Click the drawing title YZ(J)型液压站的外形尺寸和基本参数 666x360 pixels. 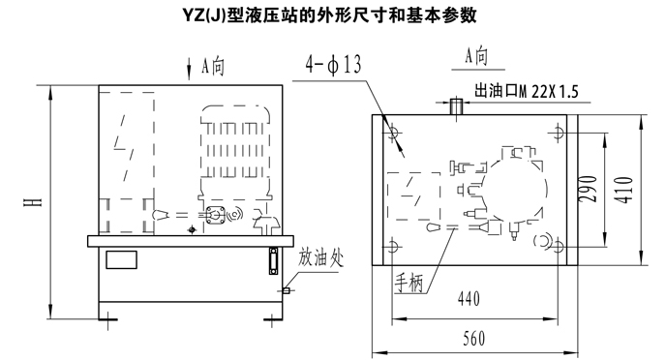(x=330, y=15)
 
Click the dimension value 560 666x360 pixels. (x=473, y=339)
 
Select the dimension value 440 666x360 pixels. (x=469, y=299)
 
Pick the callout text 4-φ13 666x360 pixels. (x=333, y=65)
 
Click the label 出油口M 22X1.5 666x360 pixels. (x=527, y=91)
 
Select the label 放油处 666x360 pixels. (x=319, y=257)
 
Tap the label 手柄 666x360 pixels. (x=409, y=284)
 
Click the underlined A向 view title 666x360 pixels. (x=476, y=56)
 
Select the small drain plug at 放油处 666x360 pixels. (x=287, y=290)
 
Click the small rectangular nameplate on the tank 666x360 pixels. (x=121, y=259)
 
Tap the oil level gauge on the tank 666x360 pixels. (x=274, y=261)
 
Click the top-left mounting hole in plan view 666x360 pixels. (x=392, y=132)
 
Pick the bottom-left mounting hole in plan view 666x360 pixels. (x=392, y=247)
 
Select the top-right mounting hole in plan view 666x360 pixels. (x=559, y=133)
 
